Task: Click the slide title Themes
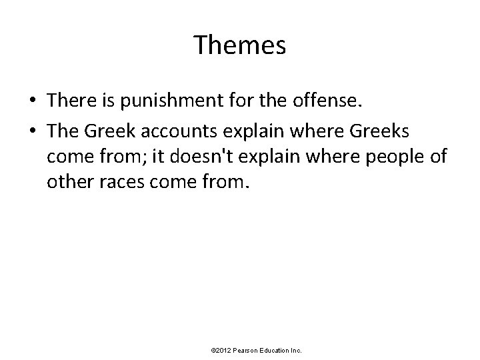click(240, 45)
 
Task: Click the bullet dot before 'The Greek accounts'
click(33, 131)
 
